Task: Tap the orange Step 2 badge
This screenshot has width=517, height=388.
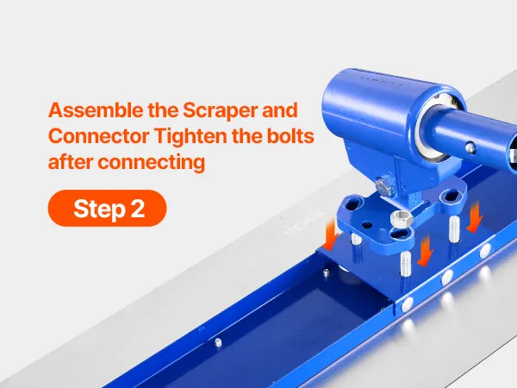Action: (x=107, y=208)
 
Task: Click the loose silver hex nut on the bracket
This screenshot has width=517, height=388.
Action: (x=402, y=218)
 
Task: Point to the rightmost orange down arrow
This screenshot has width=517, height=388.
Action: (x=475, y=217)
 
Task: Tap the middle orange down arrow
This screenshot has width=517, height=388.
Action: (x=426, y=251)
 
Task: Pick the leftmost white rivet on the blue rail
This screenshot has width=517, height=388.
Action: (x=408, y=304)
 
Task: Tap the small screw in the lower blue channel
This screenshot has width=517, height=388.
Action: (x=218, y=342)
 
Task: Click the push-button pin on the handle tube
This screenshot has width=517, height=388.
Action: (x=470, y=147)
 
